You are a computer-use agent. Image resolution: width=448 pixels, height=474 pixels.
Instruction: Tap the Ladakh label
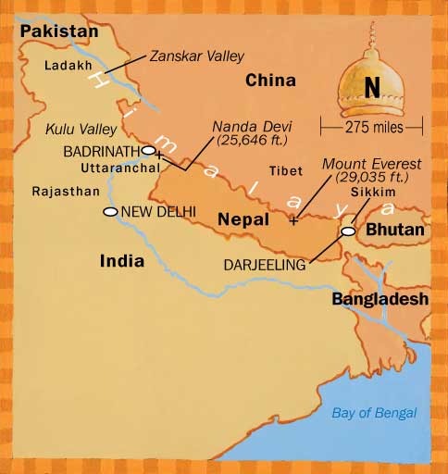point(66,66)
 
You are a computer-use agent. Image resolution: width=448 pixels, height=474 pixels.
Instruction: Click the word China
point(269,82)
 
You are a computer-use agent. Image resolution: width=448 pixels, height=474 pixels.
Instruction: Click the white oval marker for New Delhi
point(110,212)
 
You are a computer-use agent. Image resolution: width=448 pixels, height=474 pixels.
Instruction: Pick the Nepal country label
point(243,219)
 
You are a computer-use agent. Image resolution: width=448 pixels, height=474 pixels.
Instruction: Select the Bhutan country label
point(393,229)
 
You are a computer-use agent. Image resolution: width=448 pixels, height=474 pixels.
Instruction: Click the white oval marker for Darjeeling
point(348,231)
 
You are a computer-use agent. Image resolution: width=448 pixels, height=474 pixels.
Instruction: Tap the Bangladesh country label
point(380,299)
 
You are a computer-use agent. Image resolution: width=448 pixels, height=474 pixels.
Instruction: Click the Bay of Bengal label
point(374,413)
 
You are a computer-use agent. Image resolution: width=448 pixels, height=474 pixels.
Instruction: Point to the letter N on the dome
point(372,88)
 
